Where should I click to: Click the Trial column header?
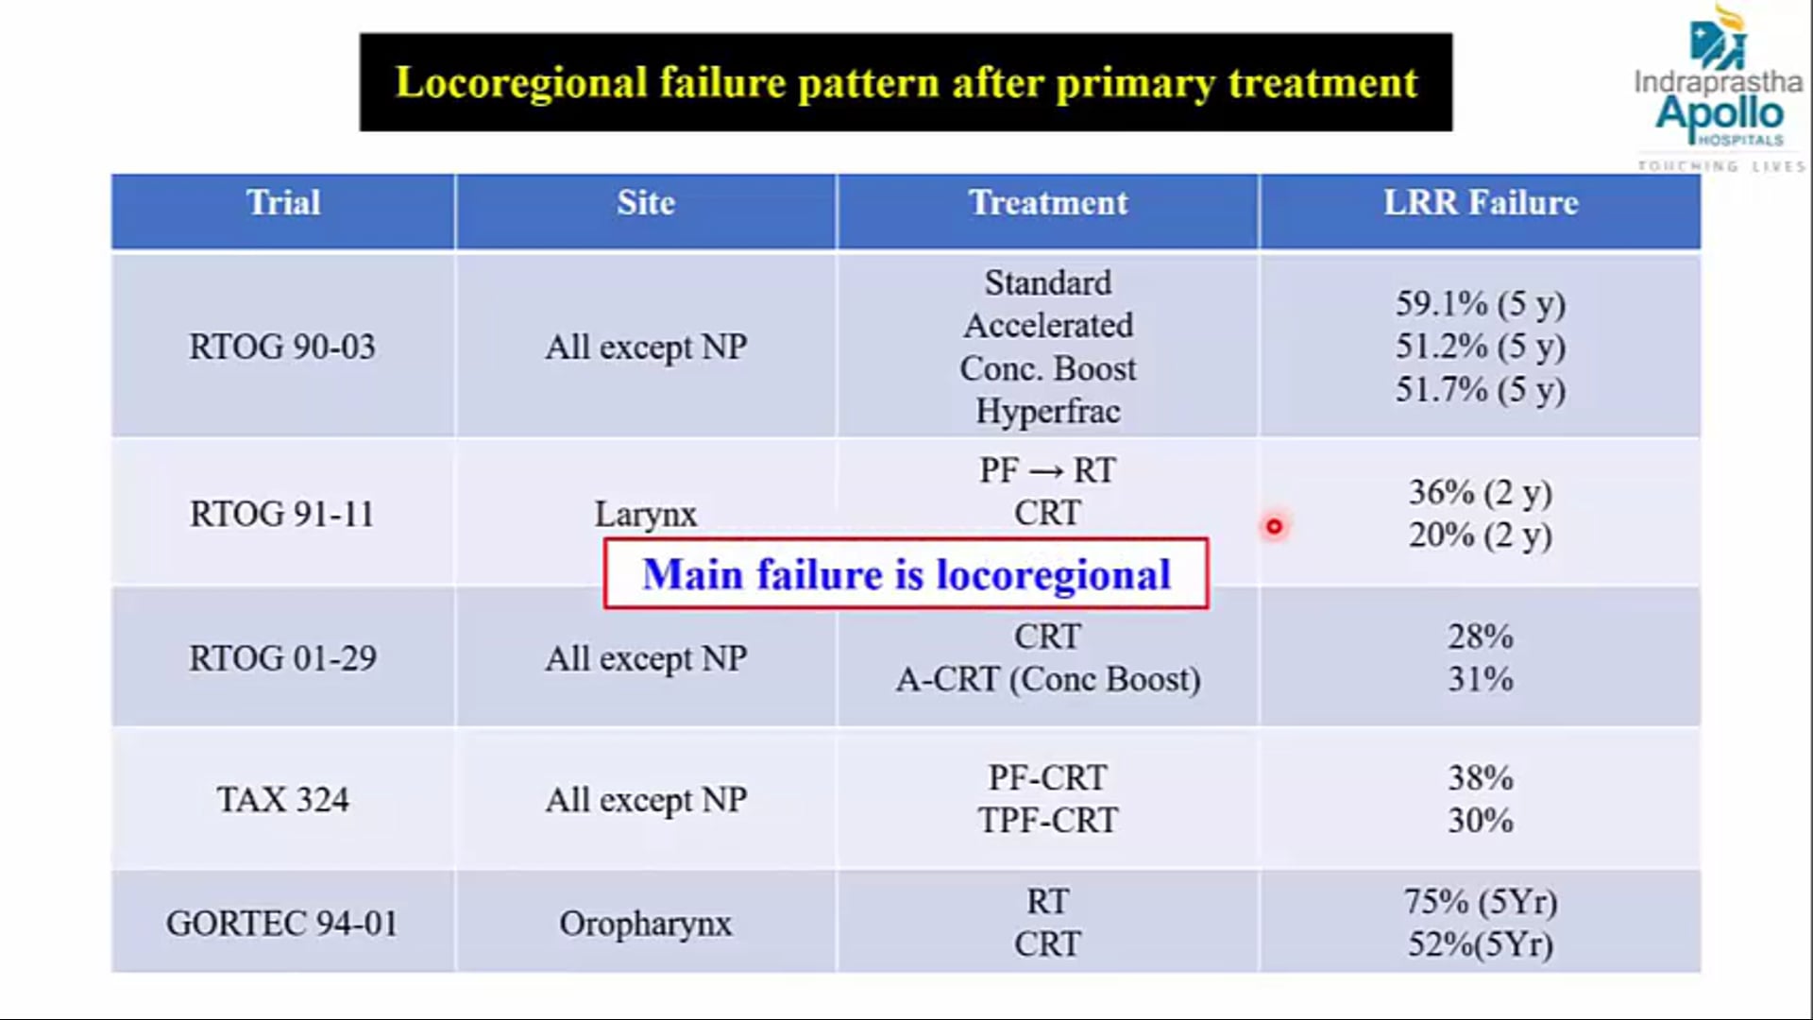click(x=283, y=203)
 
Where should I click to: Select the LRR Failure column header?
click(x=1480, y=203)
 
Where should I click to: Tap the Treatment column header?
click(x=1047, y=203)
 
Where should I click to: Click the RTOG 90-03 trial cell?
click(x=282, y=347)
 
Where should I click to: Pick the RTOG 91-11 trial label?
click(x=282, y=515)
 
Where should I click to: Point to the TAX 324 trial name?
click(x=282, y=800)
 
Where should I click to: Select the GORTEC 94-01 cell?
click(x=282, y=923)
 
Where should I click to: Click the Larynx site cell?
click(x=645, y=515)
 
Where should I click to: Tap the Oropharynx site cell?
click(x=645, y=923)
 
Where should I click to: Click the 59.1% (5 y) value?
click(x=1480, y=303)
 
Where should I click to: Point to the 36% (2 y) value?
click(x=1480, y=492)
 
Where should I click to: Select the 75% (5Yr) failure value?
click(x=1480, y=902)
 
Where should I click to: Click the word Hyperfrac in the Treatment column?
click(x=1047, y=412)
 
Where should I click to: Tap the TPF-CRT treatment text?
click(x=1047, y=821)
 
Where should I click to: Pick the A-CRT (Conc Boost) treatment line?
click(x=1047, y=679)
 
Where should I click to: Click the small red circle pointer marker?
click(x=1274, y=527)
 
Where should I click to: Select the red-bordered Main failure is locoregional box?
click(x=906, y=574)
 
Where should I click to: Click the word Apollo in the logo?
click(x=1719, y=113)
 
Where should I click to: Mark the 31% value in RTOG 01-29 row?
click(x=1480, y=679)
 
